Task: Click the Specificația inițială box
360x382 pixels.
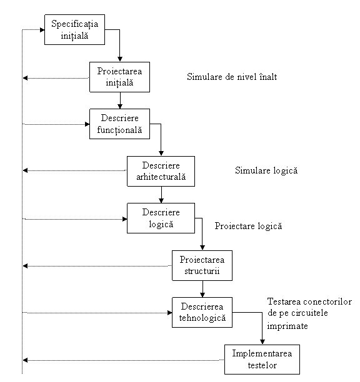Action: pyautogui.click(x=74, y=29)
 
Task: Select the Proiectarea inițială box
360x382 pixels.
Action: pyautogui.click(x=119, y=77)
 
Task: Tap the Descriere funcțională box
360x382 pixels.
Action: pyautogui.click(x=119, y=124)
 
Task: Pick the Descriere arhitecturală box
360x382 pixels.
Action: pyautogui.click(x=161, y=171)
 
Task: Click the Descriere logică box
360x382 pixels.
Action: pyautogui.click(x=161, y=218)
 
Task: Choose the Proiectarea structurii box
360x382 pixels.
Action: pyautogui.click(x=202, y=265)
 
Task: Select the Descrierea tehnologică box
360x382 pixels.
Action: pyautogui.click(x=202, y=312)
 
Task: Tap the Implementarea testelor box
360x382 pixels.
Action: pyautogui.click(x=262, y=360)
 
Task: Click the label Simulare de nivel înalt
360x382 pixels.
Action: pyautogui.click(x=232, y=77)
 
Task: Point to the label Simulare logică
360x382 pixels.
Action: pyautogui.click(x=266, y=170)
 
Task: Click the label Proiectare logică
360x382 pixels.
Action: pyautogui.click(x=248, y=226)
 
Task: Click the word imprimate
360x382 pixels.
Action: pyautogui.click(x=287, y=326)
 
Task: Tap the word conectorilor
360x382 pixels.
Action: pyautogui.click(x=327, y=301)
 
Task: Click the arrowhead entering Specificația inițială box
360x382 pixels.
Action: pyautogui.click(x=42, y=30)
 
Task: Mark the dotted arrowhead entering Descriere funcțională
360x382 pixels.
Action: pyautogui.click(x=87, y=124)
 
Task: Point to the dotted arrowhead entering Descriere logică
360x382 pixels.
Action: pyautogui.click(x=124, y=219)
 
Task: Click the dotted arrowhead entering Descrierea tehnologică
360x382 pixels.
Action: pyautogui.click(x=170, y=313)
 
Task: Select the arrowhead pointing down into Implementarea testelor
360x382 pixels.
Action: pyautogui.click(x=262, y=342)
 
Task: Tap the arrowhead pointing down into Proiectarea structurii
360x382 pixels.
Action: pyautogui.click(x=202, y=248)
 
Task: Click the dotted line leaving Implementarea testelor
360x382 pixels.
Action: pyautogui.click(x=124, y=360)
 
